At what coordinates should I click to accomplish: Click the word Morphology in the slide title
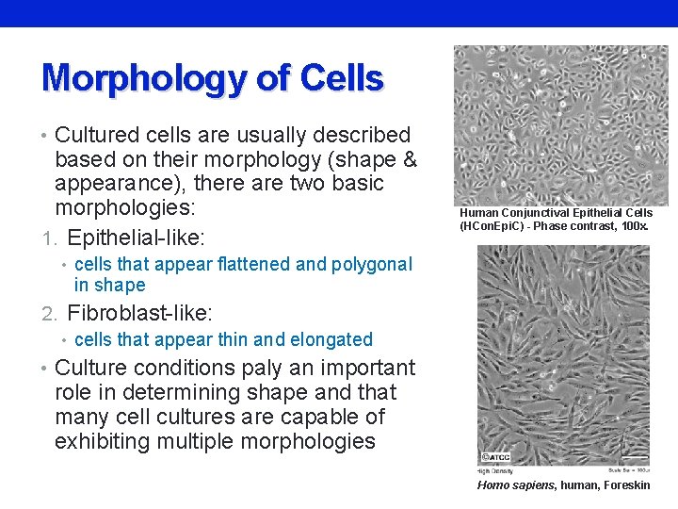click(x=145, y=78)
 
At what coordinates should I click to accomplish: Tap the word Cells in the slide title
click(x=342, y=78)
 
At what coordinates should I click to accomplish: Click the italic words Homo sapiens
click(x=516, y=484)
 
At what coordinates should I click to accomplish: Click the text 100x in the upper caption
click(x=636, y=226)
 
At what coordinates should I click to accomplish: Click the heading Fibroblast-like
click(x=139, y=311)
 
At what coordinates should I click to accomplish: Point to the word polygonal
click(x=370, y=264)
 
